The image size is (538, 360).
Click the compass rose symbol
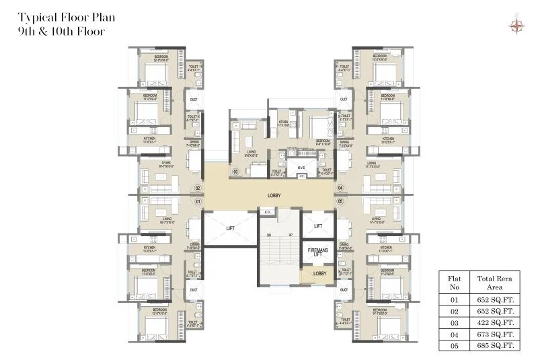516,26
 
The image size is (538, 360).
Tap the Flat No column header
454,281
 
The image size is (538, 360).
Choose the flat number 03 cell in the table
454,322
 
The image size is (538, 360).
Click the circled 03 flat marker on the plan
235,172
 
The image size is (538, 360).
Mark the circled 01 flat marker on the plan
198,201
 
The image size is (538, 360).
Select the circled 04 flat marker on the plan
340,188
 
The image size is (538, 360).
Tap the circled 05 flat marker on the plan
340,201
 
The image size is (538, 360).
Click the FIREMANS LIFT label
317,252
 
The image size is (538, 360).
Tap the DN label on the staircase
268,234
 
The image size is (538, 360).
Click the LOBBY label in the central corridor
274,196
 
